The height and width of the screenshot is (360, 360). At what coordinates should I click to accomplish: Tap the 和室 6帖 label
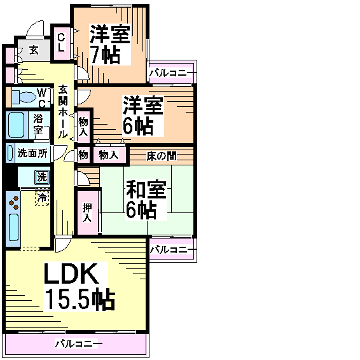point(146,200)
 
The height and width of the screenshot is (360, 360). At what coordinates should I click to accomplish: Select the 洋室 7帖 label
point(110,45)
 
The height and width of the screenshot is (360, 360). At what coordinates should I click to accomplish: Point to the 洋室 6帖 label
point(143,116)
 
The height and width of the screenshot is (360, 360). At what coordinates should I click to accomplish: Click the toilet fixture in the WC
point(24,97)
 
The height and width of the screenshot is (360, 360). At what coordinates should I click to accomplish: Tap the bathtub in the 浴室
point(16,125)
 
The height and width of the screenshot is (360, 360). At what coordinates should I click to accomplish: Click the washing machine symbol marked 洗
point(42,177)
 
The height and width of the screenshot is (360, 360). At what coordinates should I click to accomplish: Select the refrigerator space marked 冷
point(42,198)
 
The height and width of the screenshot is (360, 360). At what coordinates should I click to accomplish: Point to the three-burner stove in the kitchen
point(14,202)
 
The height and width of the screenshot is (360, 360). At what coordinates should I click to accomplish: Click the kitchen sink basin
point(13,227)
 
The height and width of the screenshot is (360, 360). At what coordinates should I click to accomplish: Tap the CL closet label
point(61,43)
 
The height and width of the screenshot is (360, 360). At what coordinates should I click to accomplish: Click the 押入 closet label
point(87,212)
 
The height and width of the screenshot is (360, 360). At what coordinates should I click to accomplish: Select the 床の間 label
point(162,156)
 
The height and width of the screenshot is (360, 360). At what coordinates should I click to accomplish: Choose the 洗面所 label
point(32,153)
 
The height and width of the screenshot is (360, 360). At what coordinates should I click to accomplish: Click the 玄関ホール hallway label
point(63,112)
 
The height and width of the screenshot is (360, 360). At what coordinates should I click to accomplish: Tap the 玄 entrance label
point(34,50)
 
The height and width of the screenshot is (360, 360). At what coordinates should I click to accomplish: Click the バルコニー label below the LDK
point(78,343)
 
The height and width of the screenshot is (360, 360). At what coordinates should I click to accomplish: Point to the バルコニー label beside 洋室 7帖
point(172,73)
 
